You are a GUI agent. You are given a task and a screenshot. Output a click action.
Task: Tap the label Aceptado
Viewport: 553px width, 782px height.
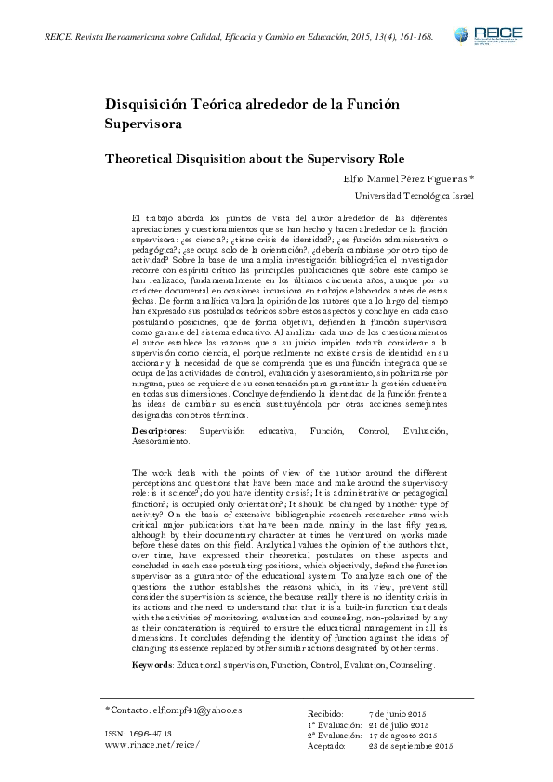328,746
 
